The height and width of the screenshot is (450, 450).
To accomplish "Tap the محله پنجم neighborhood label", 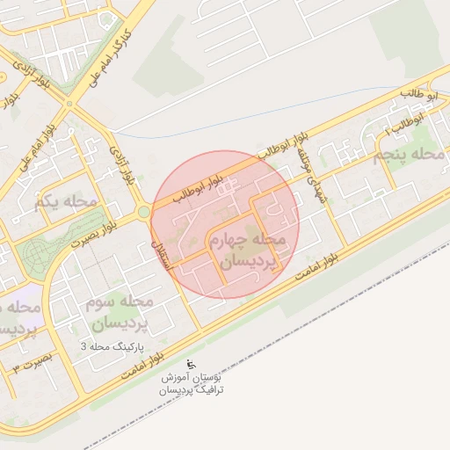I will pyautogui.click(x=410, y=156).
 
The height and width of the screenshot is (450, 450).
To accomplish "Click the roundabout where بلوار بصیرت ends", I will pyautogui.click(x=143, y=212).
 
